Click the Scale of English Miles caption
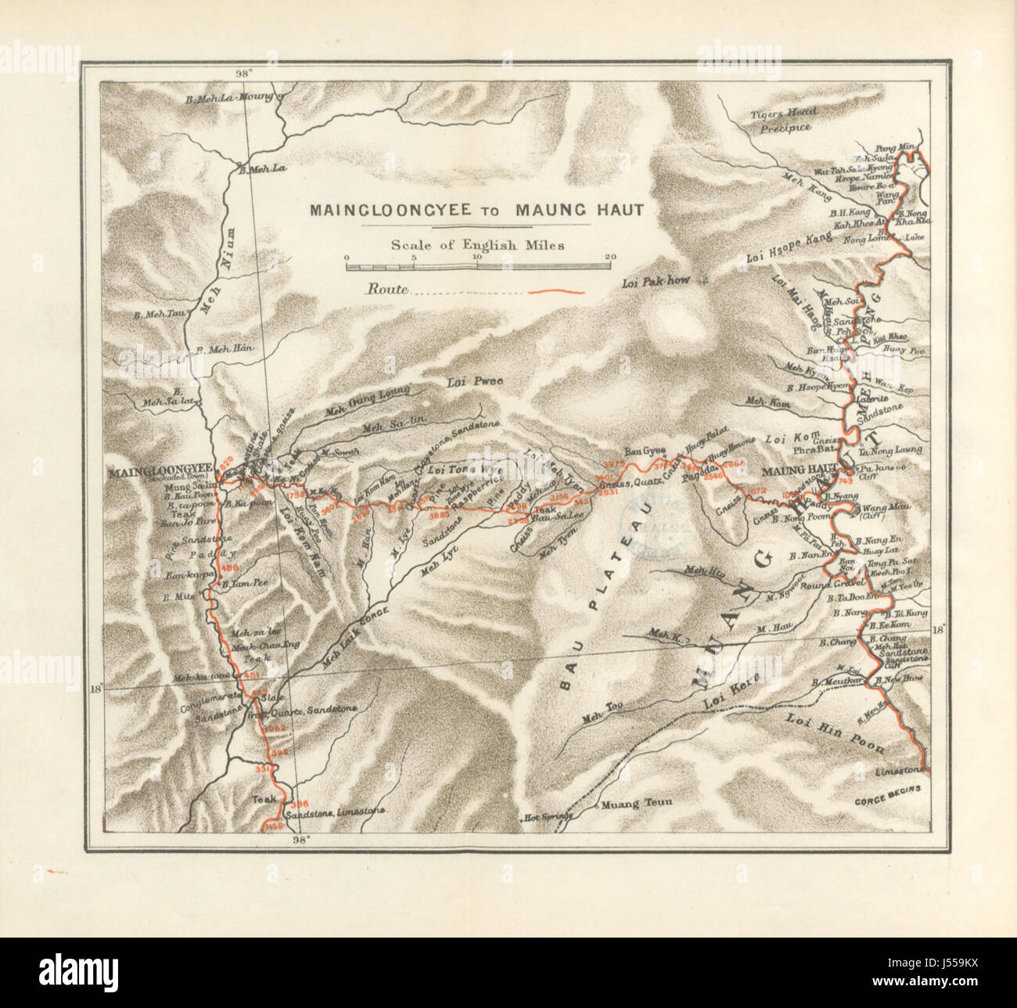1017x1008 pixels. pos(478,244)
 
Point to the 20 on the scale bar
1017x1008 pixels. pos(609,257)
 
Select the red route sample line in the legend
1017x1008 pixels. pos(559,291)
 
